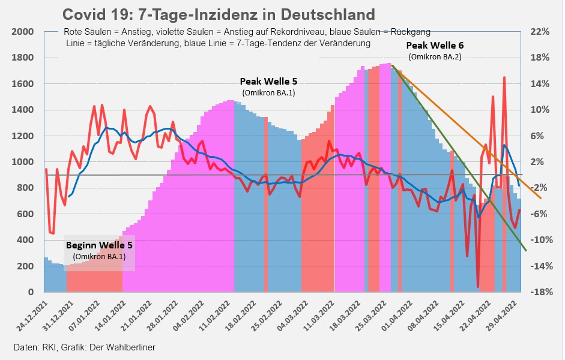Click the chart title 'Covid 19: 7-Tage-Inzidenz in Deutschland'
(219, 14)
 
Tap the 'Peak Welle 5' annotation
(268, 81)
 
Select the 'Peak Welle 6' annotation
(435, 45)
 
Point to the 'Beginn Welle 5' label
(99, 245)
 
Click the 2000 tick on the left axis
(22, 32)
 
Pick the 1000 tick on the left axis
(22, 162)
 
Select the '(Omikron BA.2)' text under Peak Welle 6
(435, 57)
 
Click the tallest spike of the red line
(504, 77)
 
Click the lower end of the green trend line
(526, 250)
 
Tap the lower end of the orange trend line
(542, 197)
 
